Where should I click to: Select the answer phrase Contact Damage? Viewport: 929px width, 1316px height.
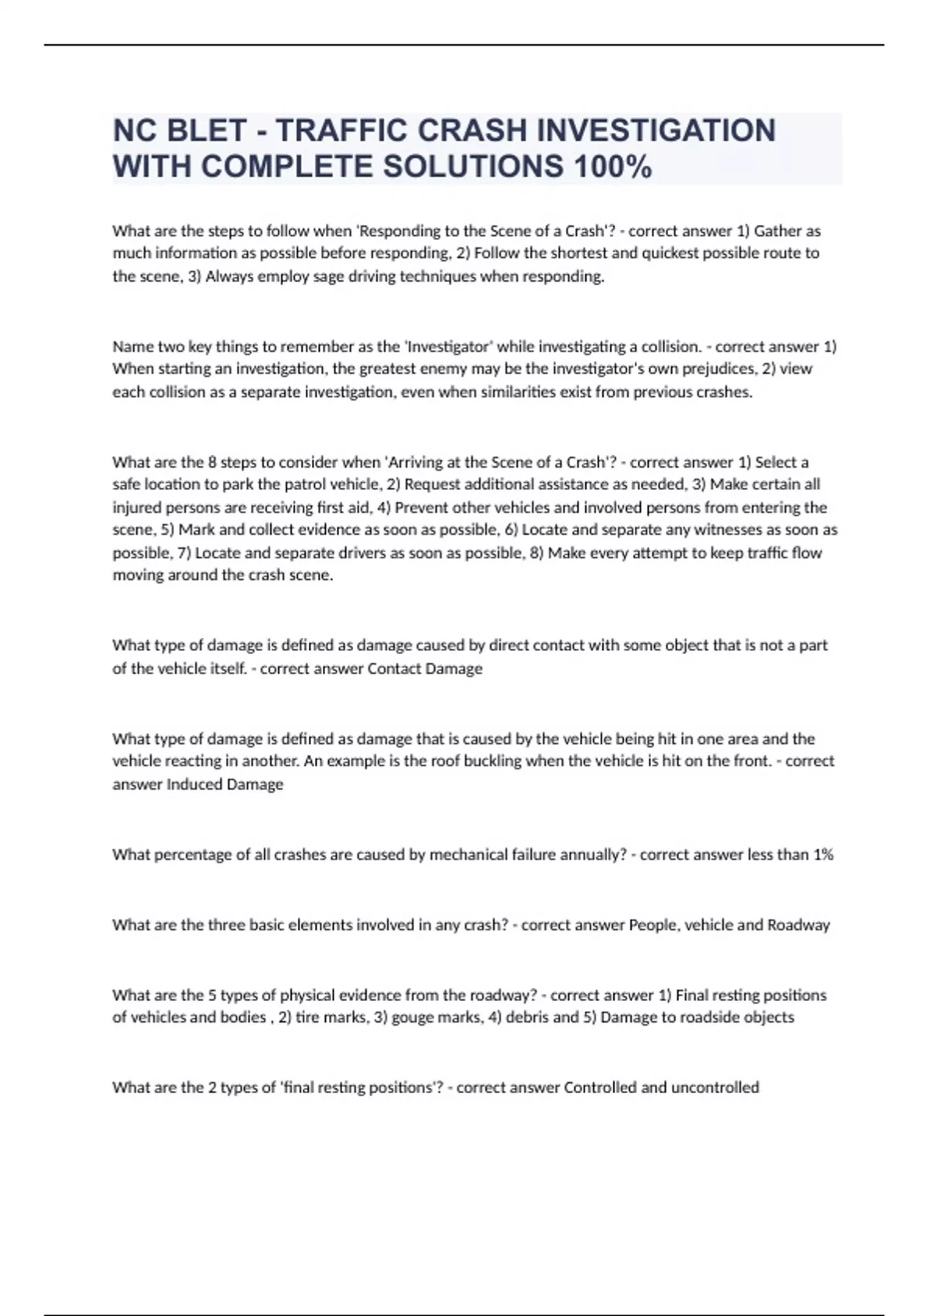tap(424, 668)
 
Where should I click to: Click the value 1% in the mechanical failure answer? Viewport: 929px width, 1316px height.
tap(823, 855)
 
